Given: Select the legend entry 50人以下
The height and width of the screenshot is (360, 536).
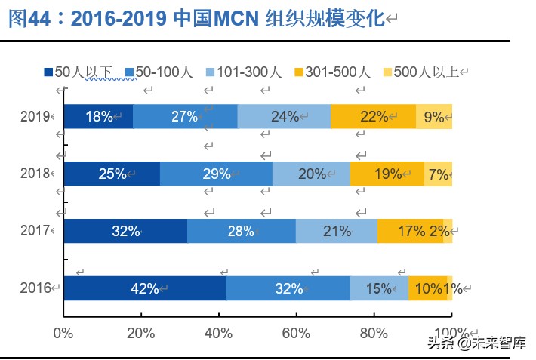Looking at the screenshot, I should pos(79,72).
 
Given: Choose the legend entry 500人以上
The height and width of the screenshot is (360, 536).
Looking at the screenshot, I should pos(420,72).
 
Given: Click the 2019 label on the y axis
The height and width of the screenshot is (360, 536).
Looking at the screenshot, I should pos(35,117).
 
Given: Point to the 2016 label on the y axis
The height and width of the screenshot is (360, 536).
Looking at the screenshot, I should pos(35,288).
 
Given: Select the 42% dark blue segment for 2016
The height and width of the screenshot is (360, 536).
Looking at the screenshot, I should pos(144,288).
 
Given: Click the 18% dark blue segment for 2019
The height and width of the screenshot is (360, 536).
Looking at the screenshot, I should pos(98,117).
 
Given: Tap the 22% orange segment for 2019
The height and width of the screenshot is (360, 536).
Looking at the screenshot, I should pos(374,117).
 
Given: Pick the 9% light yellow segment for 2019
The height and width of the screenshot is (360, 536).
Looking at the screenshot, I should pos(434,117).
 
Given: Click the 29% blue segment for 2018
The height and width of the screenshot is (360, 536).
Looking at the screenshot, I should pos(216,174).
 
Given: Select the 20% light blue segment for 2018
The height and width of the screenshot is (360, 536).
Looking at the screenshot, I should pos(311,174).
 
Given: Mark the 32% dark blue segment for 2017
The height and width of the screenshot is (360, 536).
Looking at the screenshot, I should pos(125,231).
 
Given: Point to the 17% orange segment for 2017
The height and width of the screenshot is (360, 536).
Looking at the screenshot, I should pos(410,231).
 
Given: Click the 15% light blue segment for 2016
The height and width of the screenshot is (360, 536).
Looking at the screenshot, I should pos(379,288).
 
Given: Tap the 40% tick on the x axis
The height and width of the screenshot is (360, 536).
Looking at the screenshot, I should pos(218,332).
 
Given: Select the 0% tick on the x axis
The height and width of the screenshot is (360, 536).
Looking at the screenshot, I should pos(63,332).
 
